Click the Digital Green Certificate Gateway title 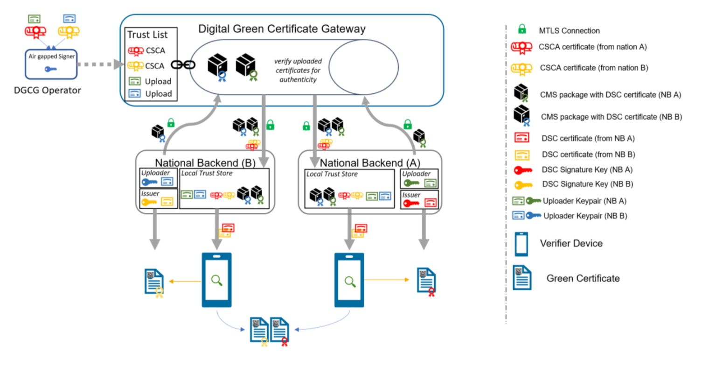pos(282,29)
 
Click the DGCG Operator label pos(47,90)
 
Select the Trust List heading pos(147,35)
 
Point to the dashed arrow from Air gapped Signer pos(97,64)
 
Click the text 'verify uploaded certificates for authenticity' pos(298,70)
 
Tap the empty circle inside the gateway pos(363,67)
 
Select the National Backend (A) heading pos(370,163)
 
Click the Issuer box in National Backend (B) pos(159,198)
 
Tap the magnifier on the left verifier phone pos(216,280)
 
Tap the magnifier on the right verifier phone pos(349,281)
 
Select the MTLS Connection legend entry pos(569,31)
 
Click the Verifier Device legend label pos(571,243)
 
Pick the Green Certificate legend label pos(583,278)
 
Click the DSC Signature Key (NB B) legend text pos(587,184)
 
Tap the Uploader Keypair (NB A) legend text pos(584,201)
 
